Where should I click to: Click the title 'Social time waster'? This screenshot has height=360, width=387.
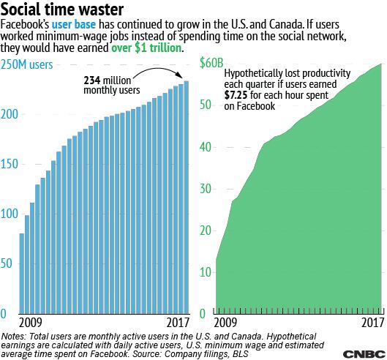click(61, 10)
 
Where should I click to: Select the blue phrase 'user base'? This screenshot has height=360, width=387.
click(74, 24)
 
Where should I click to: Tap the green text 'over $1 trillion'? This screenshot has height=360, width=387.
click(146, 48)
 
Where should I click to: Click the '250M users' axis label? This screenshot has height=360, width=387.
click(26, 64)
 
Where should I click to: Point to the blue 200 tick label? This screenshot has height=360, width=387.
click(10, 114)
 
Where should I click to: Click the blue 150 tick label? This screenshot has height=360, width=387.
click(10, 164)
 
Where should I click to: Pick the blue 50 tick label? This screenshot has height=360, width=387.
click(7, 263)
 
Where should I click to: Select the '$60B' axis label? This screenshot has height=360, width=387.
click(211, 63)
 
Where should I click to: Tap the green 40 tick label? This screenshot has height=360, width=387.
click(206, 147)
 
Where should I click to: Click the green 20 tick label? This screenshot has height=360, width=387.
click(206, 231)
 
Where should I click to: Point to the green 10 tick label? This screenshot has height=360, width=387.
click(206, 273)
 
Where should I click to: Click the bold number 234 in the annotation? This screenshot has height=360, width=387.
click(92, 80)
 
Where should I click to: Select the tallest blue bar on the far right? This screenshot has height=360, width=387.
click(187, 198)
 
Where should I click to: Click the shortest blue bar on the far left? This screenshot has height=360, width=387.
click(22, 274)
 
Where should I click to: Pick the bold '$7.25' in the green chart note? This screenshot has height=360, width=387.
click(236, 95)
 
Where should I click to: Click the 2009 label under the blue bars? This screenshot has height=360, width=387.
click(30, 323)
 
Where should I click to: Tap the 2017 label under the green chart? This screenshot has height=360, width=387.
click(373, 323)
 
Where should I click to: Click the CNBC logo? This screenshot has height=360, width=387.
click(364, 354)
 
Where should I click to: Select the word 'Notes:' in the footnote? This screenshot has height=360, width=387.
click(13, 337)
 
